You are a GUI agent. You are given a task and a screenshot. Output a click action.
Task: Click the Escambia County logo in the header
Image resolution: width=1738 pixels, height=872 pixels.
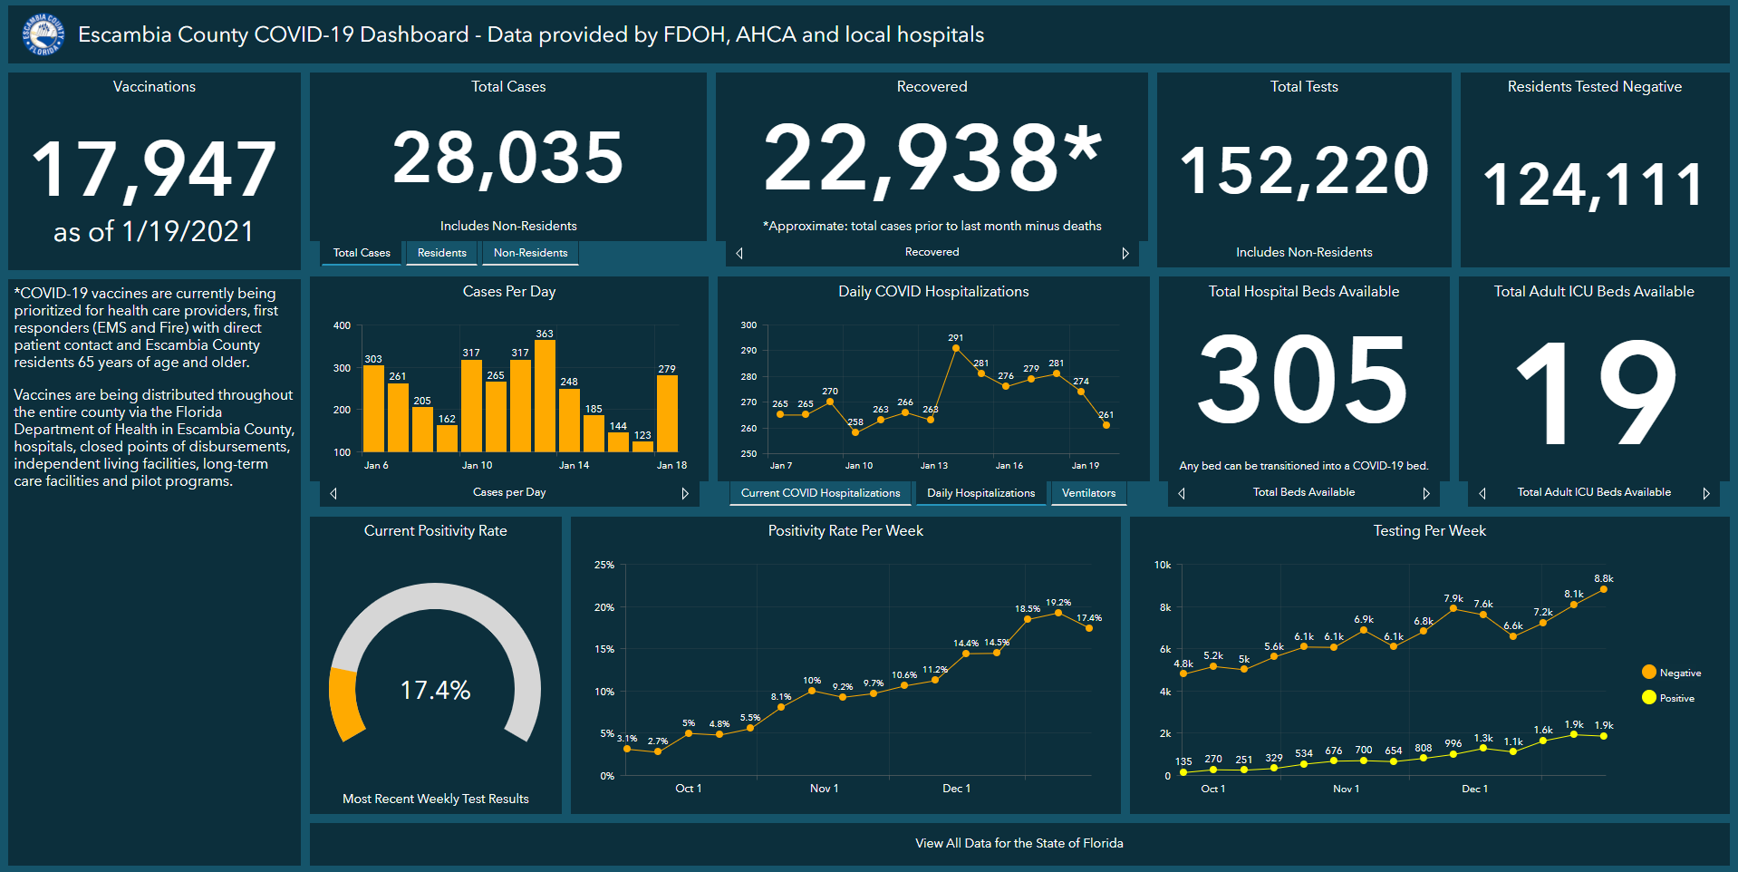(x=43, y=35)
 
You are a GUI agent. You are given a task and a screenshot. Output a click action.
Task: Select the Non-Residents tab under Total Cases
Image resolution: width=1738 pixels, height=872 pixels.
(x=530, y=253)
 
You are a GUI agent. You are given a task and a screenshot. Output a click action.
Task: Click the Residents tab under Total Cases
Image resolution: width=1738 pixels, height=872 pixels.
(x=441, y=253)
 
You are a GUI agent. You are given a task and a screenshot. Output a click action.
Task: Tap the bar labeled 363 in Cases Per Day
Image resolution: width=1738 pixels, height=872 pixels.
(x=545, y=395)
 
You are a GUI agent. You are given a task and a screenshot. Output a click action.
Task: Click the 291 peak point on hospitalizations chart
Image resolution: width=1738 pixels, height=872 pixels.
(x=956, y=348)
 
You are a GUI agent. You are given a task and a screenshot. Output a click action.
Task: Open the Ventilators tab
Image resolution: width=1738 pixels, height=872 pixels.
(x=1088, y=493)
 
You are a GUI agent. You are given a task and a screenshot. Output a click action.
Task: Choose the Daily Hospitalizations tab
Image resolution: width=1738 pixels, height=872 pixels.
(x=980, y=493)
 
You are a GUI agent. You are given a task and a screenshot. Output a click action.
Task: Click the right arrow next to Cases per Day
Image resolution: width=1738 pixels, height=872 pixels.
(x=685, y=493)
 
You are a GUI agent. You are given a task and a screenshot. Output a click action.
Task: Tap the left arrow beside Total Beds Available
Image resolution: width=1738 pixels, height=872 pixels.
(x=1182, y=493)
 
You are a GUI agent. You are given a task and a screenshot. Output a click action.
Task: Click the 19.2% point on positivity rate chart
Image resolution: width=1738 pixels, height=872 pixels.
(x=1057, y=614)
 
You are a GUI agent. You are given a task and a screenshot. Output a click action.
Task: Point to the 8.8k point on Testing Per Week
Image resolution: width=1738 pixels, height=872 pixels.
(x=1603, y=589)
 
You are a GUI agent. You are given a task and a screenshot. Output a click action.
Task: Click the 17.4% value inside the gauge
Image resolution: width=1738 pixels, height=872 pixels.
(x=435, y=691)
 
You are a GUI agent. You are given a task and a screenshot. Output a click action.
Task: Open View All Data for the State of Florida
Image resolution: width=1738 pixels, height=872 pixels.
(x=1019, y=843)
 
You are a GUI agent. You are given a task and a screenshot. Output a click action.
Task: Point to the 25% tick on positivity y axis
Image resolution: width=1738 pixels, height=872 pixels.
(x=603, y=565)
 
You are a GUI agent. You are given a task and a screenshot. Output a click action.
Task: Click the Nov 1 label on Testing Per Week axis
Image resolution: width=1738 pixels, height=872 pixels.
(x=1346, y=789)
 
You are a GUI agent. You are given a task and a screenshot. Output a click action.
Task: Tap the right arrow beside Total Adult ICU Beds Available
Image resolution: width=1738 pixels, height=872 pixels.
(x=1706, y=493)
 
